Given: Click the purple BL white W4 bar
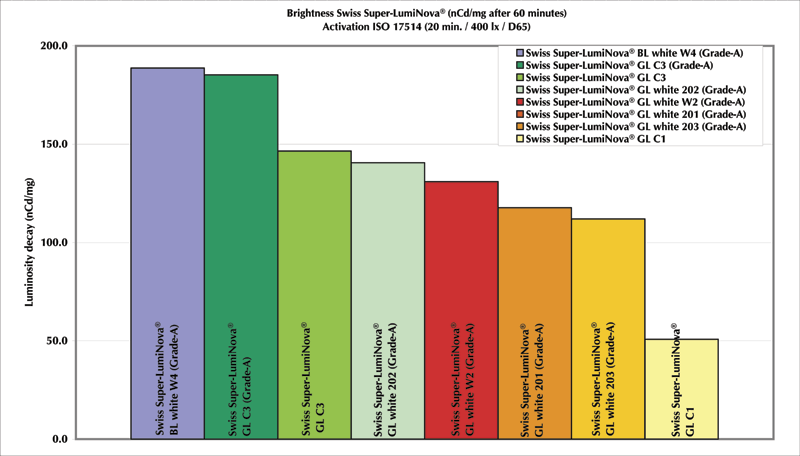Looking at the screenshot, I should click(167, 250).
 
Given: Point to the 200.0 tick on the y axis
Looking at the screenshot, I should click(53, 46).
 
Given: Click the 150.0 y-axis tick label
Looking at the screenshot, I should click(53, 144).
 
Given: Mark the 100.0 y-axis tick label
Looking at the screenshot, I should click(53, 242).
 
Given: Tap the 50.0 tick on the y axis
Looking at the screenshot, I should click(55, 341).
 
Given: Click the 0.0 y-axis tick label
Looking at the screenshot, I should click(59, 439).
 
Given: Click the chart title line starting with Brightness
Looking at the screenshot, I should click(399, 13).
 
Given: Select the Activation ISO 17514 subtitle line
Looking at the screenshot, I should click(399, 26).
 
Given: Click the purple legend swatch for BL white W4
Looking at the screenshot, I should click(519, 52).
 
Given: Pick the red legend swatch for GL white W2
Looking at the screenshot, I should click(519, 101).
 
